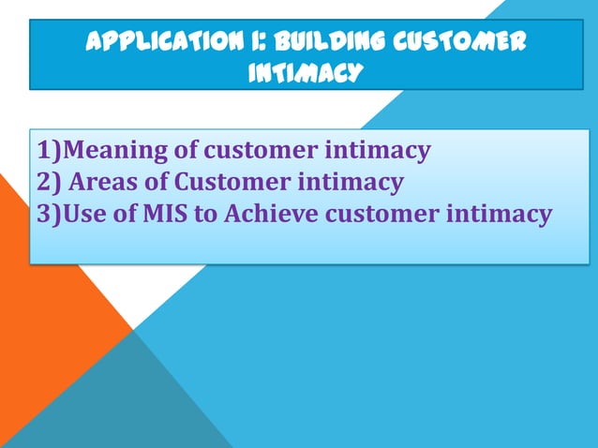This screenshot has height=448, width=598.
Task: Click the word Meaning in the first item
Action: pos(112,150)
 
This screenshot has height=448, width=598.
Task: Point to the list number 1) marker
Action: pos(49,150)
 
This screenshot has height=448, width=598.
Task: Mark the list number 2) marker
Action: pos(49,182)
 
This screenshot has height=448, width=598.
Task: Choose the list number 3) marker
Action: pos(49,214)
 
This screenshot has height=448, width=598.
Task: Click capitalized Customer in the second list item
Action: pos(222,182)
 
